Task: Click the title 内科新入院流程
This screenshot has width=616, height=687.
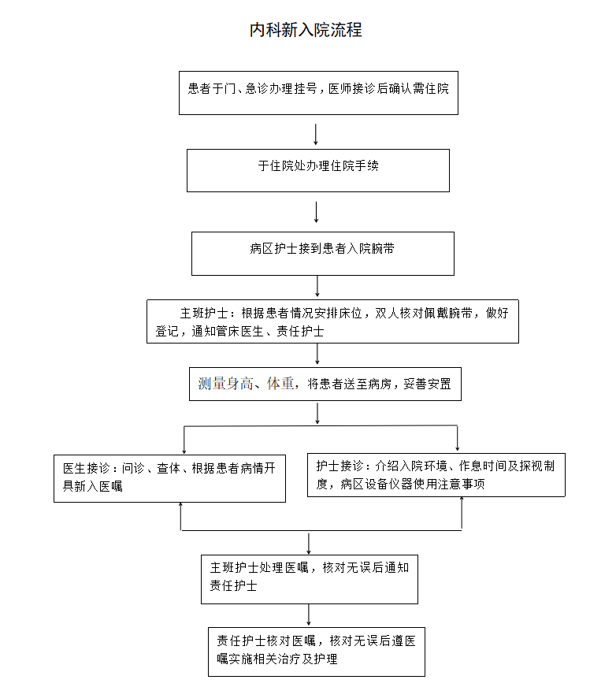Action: point(306,30)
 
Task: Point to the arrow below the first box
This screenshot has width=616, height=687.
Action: point(315,134)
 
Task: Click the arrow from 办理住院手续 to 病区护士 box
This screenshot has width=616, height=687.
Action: point(317,212)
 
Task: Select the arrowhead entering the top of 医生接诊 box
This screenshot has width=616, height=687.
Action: point(184,451)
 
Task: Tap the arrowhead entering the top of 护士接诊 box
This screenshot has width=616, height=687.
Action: point(458,448)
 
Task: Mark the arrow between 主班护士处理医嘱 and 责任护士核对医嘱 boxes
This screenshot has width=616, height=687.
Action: point(309,615)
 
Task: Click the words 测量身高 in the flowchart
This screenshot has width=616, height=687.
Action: point(225,384)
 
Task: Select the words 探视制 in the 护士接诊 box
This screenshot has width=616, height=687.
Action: point(537,466)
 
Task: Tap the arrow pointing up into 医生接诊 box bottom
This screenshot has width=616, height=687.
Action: point(180,517)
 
